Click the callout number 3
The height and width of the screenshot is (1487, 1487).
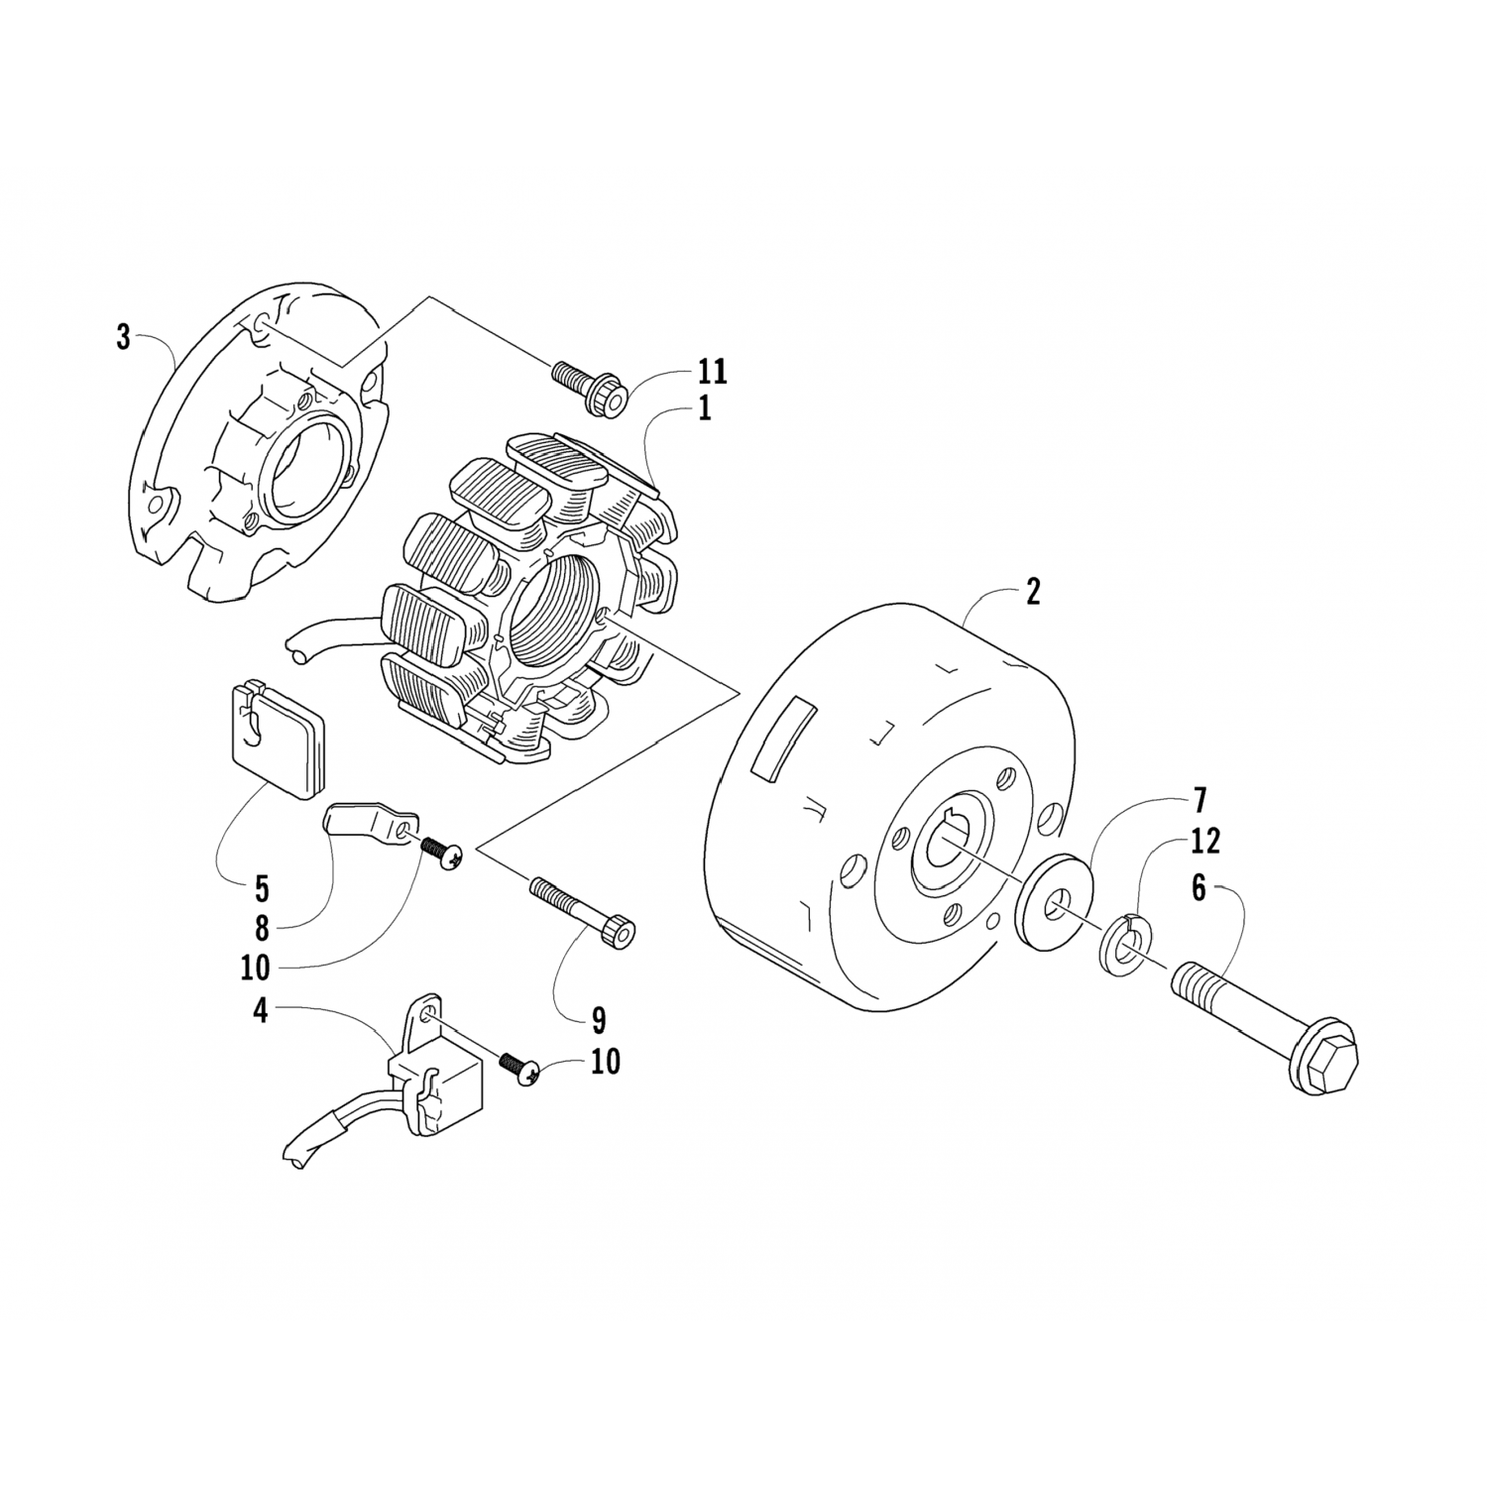pyautogui.click(x=123, y=337)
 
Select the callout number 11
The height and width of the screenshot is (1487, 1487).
pyautogui.click(x=712, y=372)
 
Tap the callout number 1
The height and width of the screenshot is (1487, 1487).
pyautogui.click(x=704, y=408)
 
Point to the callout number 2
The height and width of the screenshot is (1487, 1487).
pyautogui.click(x=1033, y=593)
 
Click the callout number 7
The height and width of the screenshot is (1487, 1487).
pyautogui.click(x=1200, y=799)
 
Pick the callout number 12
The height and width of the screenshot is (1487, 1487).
pyautogui.click(x=1206, y=842)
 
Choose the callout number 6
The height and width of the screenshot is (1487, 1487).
pyautogui.click(x=1199, y=888)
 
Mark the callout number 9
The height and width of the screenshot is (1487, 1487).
pyautogui.click(x=599, y=1019)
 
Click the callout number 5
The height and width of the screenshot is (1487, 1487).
pyautogui.click(x=262, y=885)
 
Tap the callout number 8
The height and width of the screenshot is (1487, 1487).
pyautogui.click(x=262, y=927)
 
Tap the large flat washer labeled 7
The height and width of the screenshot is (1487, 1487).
pyautogui.click(x=1057, y=901)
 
